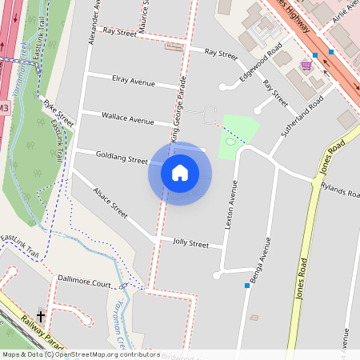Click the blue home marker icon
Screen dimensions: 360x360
180,172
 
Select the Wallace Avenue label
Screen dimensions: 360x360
127,118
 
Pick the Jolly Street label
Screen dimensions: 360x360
190,243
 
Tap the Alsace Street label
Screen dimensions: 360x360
110,204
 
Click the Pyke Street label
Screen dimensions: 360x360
58,113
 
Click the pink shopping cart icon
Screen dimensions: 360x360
306,65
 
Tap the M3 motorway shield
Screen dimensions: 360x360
4,108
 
